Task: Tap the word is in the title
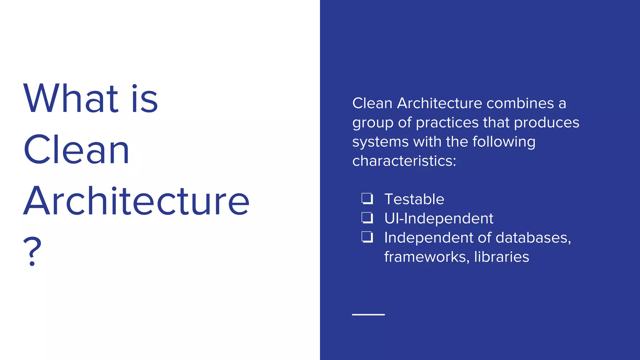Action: (x=145, y=99)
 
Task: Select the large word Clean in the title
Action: (x=76, y=150)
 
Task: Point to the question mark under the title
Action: (x=32, y=251)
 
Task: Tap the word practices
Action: (x=447, y=122)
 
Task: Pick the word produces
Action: (x=547, y=122)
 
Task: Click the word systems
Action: (x=380, y=142)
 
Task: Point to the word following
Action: (x=504, y=142)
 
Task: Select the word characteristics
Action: (x=404, y=161)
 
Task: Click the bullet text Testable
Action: (x=414, y=199)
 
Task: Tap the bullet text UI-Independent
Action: (x=439, y=218)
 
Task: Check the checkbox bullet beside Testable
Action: (x=367, y=198)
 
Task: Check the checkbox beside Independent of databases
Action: (x=367, y=237)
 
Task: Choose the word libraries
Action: (x=501, y=257)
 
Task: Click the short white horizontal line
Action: (x=368, y=314)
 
